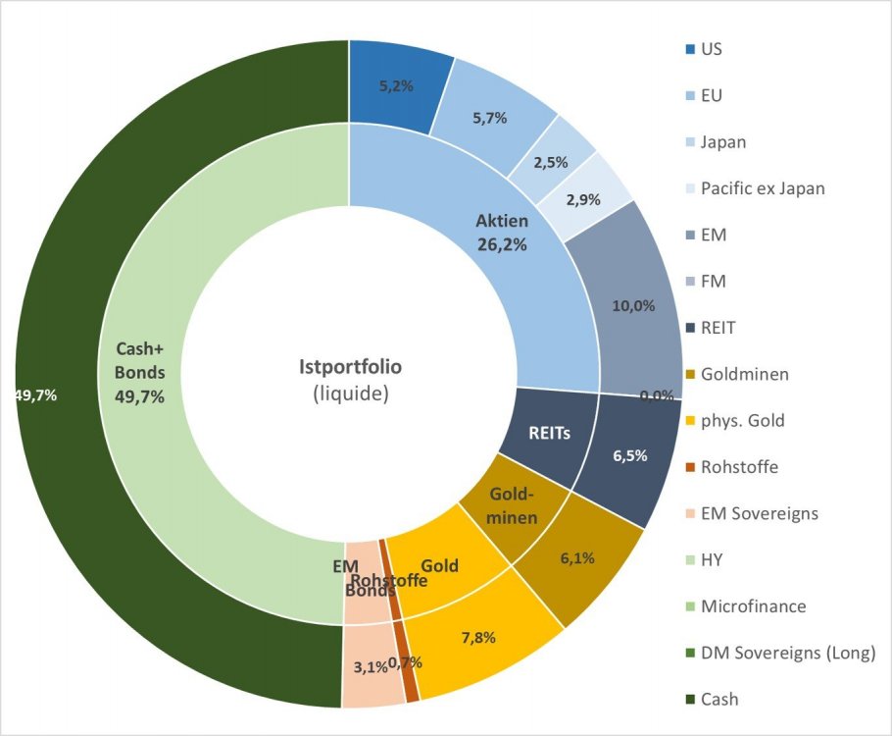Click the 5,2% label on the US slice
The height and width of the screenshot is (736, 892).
coord(396,85)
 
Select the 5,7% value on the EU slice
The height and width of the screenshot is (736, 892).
coord(489,118)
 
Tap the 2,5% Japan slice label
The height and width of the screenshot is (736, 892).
coord(551,162)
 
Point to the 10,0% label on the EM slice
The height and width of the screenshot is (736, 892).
coord(633,305)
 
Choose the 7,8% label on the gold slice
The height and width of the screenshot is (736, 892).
coord(477,637)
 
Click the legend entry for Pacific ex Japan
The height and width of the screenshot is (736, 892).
coord(762,188)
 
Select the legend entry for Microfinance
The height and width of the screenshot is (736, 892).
coord(752,606)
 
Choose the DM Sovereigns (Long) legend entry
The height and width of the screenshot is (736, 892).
coord(787,653)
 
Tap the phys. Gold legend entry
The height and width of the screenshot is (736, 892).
coord(742,420)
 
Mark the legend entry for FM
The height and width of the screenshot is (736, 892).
coord(713,282)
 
